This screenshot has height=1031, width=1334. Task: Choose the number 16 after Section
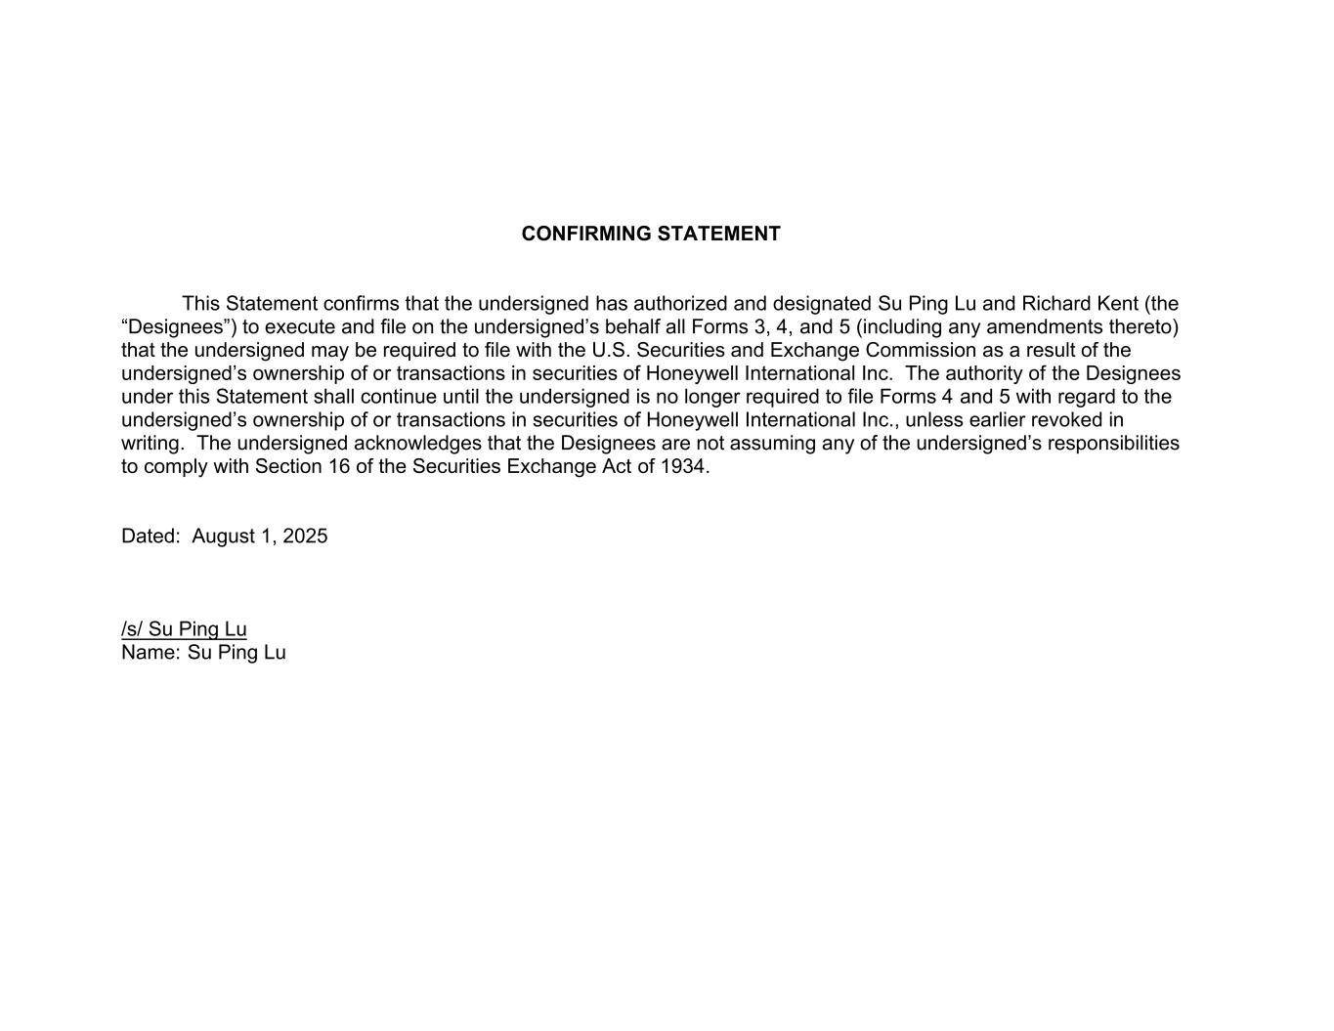point(337,467)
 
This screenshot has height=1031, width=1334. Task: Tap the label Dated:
point(151,537)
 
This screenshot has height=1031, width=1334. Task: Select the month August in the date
point(223,537)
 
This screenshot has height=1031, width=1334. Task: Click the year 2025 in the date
point(305,537)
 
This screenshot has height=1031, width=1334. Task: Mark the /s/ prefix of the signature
point(132,629)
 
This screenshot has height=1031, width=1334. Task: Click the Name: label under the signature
point(151,653)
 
